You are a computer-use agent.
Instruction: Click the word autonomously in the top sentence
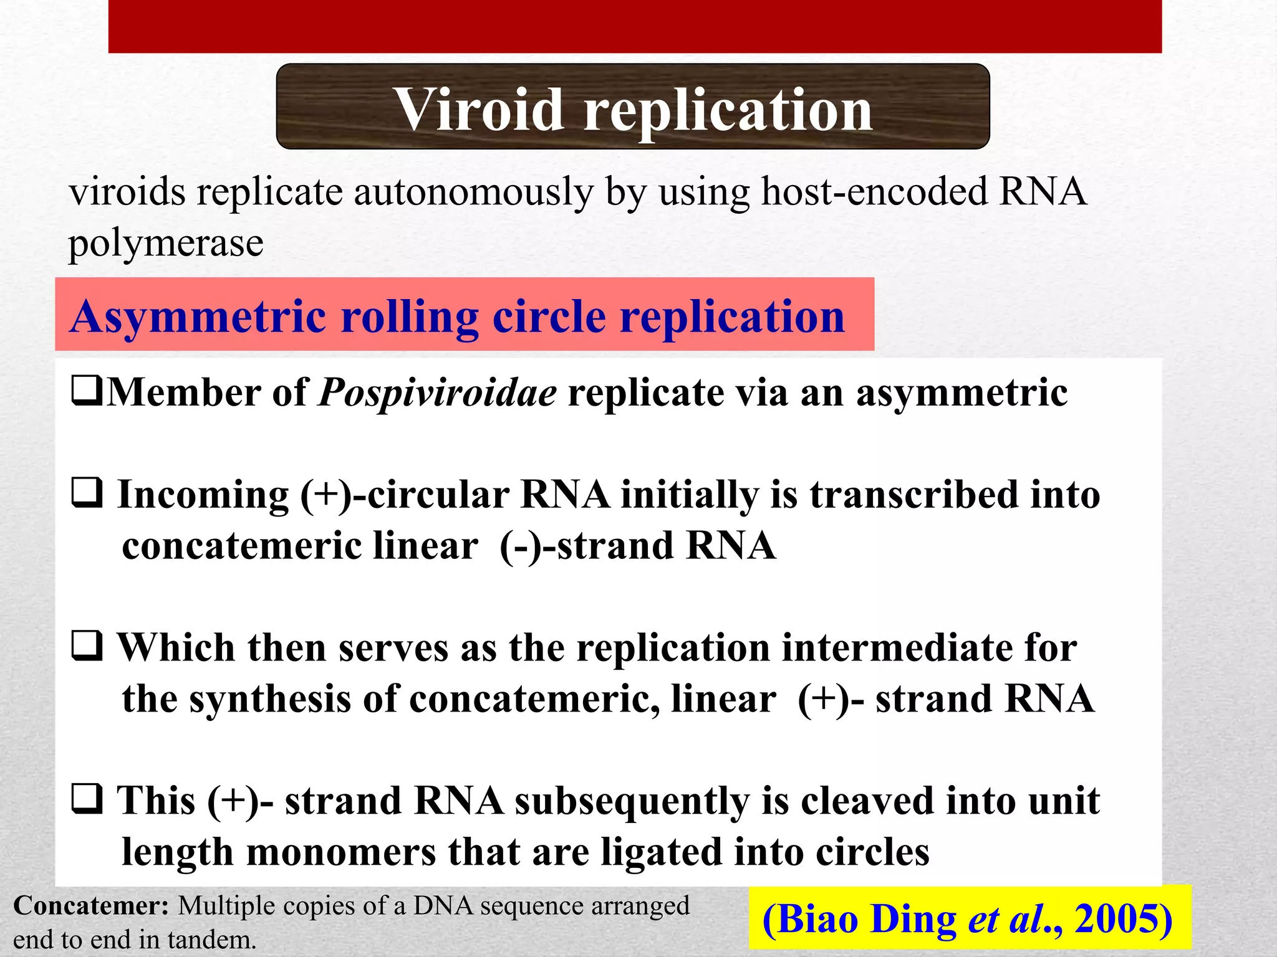[473, 192]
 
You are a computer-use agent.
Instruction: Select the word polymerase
[165, 243]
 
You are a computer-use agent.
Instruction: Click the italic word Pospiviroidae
[437, 393]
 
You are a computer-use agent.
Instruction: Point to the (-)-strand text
[585, 546]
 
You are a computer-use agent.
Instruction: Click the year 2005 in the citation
[1122, 919]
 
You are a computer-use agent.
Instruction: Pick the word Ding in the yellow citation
[913, 920]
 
